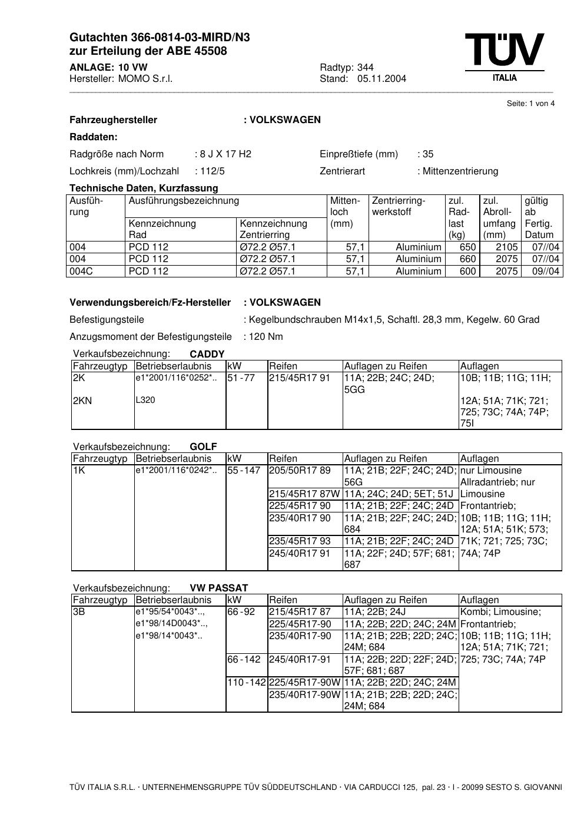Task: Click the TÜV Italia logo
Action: (x=505, y=57)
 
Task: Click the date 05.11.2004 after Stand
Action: (x=381, y=79)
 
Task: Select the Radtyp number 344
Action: (x=365, y=67)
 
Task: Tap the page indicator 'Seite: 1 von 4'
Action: (x=530, y=104)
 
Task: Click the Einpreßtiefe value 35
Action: (x=427, y=154)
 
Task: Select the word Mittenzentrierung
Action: (x=460, y=171)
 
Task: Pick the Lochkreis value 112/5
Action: (x=212, y=171)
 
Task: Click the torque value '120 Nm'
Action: (x=266, y=337)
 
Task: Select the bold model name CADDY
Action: (x=207, y=355)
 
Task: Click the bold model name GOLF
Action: (x=203, y=447)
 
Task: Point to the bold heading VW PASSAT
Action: (x=218, y=588)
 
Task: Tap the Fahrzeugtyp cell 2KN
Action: (x=82, y=401)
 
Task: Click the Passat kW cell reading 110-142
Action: (x=247, y=683)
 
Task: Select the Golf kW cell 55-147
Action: (x=244, y=471)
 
